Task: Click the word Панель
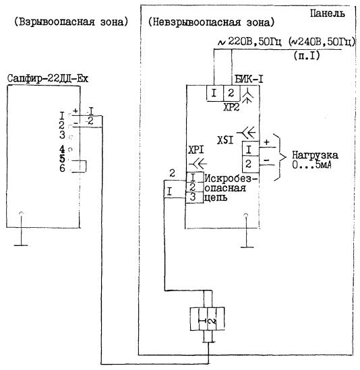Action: (327, 13)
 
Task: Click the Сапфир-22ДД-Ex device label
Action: (47, 78)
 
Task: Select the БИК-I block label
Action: (249, 79)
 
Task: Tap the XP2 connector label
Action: (231, 107)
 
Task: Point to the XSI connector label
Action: (225, 141)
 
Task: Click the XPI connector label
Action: (196, 150)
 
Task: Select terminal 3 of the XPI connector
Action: (193, 197)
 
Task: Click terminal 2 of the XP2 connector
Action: (231, 93)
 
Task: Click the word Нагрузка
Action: (315, 156)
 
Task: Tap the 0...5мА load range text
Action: (311, 165)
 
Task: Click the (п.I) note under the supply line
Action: (307, 56)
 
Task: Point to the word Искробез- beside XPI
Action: (231, 179)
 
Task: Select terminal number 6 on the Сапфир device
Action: (62, 168)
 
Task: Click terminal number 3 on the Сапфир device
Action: (62, 135)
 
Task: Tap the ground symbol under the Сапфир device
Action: (22, 229)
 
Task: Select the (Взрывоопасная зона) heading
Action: (71, 22)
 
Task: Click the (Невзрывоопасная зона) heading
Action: (211, 22)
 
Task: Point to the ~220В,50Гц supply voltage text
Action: (249, 42)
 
